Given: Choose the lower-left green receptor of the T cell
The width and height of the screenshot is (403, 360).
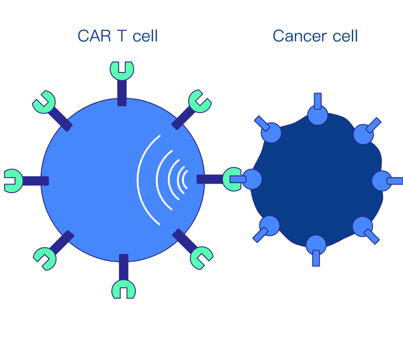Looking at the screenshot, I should [x=45, y=258].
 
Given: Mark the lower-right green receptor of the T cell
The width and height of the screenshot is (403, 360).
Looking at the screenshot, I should [x=201, y=257].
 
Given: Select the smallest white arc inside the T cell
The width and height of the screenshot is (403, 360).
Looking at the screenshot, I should [x=184, y=180].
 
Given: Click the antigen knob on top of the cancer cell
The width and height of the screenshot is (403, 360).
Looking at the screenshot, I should [x=318, y=114].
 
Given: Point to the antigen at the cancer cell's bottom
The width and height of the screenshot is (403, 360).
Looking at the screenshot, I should [x=316, y=245].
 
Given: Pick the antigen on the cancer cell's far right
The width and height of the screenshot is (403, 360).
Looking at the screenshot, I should [x=382, y=181].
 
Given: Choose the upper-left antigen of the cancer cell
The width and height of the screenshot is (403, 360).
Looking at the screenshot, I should [x=271, y=133].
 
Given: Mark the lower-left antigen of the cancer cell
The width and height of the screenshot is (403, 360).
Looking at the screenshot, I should [x=269, y=226].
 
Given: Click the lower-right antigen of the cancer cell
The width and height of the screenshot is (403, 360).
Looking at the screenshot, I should [x=362, y=226].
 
